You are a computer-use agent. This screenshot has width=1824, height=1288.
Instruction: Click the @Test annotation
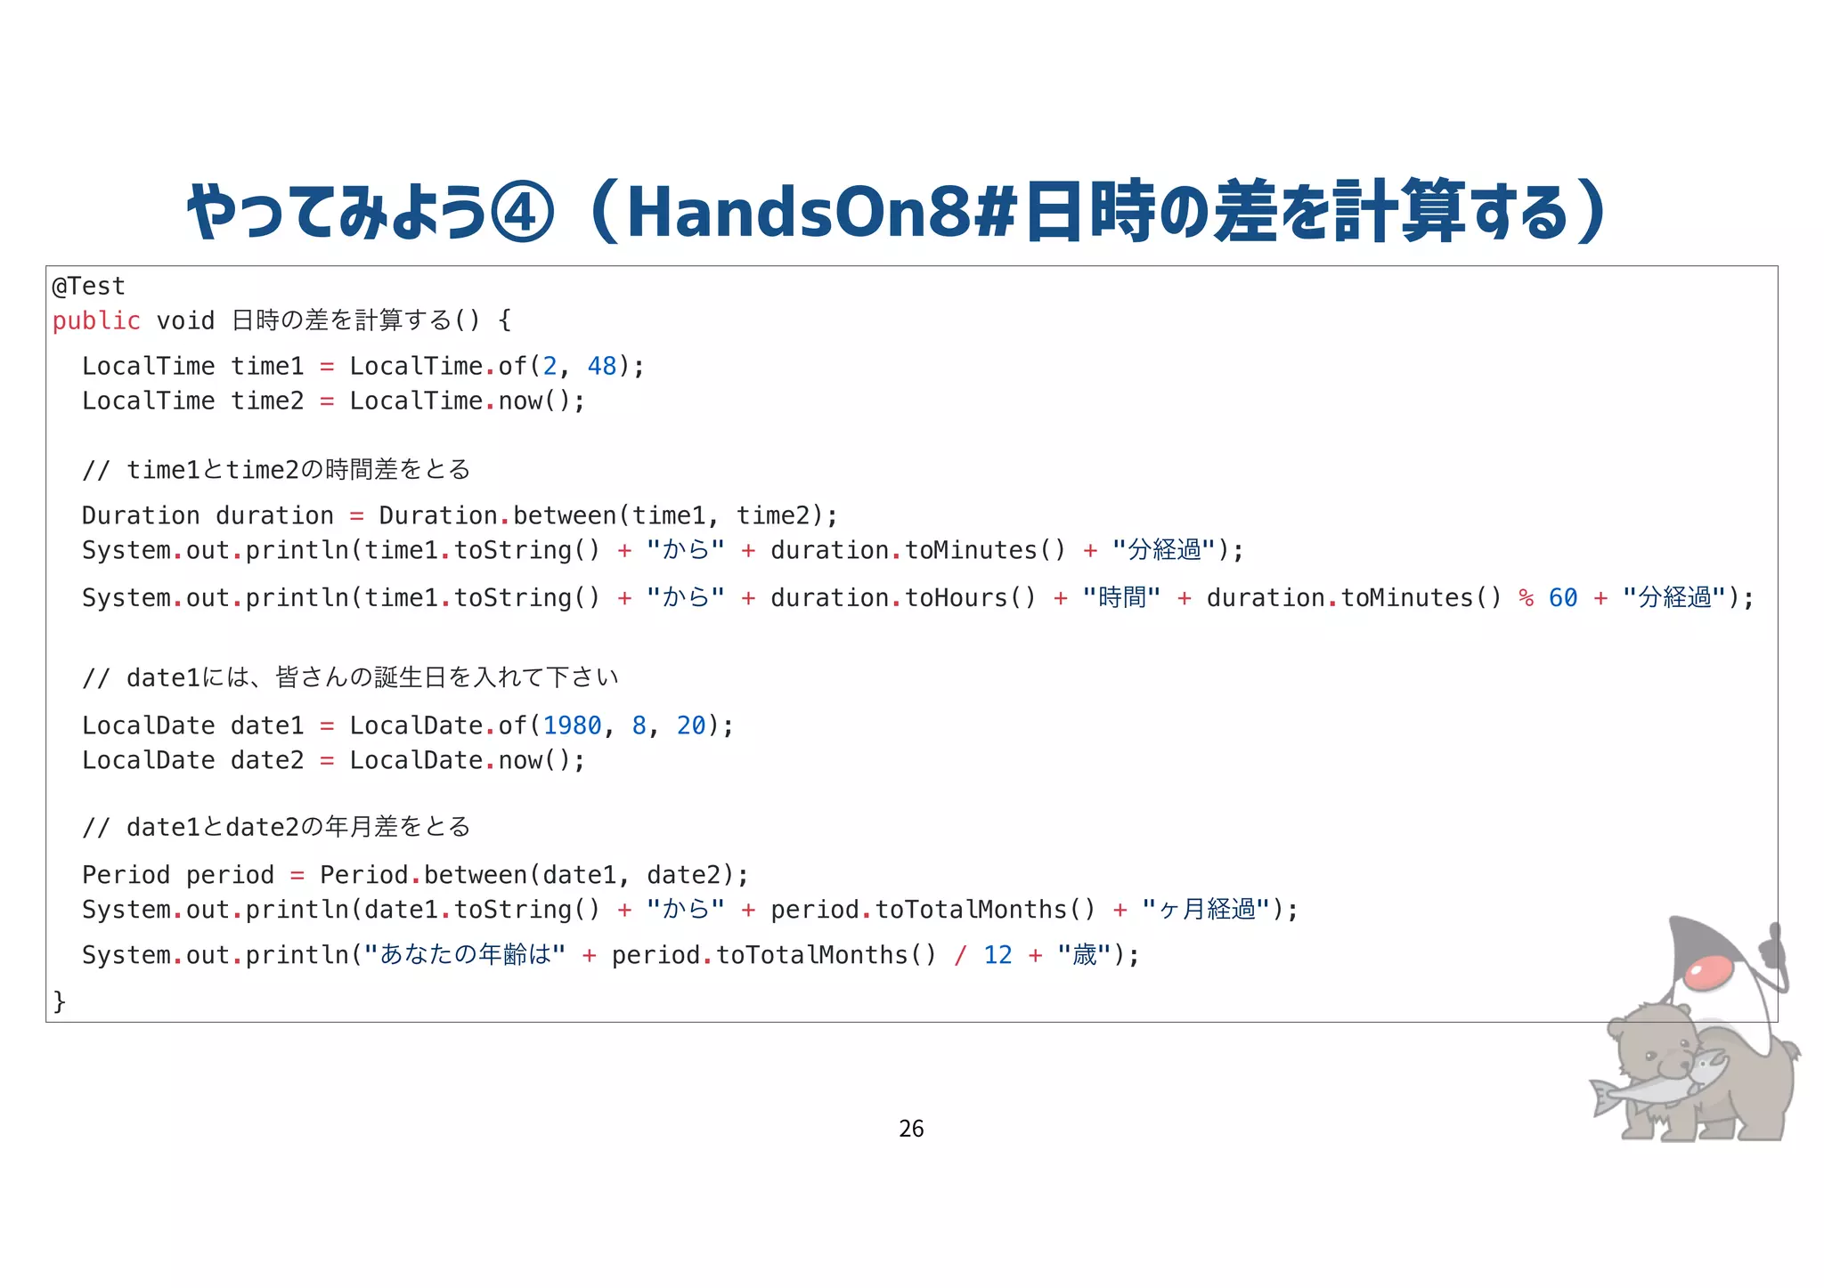coord(88,287)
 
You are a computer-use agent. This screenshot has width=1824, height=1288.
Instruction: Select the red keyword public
coord(96,320)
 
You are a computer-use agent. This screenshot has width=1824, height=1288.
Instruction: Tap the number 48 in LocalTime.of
coord(602,366)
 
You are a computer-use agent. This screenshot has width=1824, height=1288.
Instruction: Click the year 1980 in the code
coord(573,725)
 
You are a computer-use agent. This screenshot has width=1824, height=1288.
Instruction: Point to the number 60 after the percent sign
coord(1563,597)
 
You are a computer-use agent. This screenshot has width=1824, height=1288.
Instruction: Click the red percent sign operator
coord(1526,597)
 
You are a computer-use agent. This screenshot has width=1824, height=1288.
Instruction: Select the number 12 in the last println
coord(997,955)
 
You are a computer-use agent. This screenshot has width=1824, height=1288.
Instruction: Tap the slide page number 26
coord(911,1129)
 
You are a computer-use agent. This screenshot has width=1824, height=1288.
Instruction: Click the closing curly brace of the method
coord(60,1001)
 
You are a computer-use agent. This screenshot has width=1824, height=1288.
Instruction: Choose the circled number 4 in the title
coord(523,213)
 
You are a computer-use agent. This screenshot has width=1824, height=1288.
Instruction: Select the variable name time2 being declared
coord(267,401)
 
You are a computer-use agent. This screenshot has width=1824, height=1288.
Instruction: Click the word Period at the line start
coord(126,875)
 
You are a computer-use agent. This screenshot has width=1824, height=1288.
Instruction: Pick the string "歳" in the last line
coord(1084,955)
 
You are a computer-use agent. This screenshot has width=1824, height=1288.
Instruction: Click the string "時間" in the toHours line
coord(1121,597)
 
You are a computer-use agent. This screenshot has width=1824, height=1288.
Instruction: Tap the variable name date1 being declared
coord(267,725)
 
